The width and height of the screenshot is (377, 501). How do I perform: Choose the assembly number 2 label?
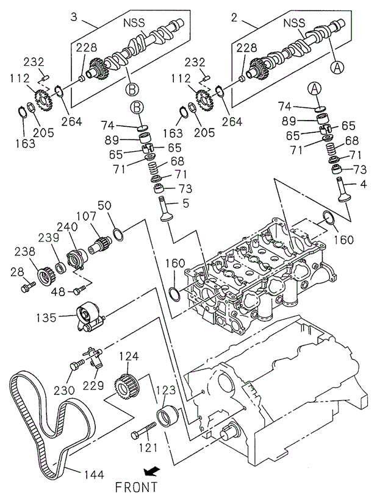pos(234,17)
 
